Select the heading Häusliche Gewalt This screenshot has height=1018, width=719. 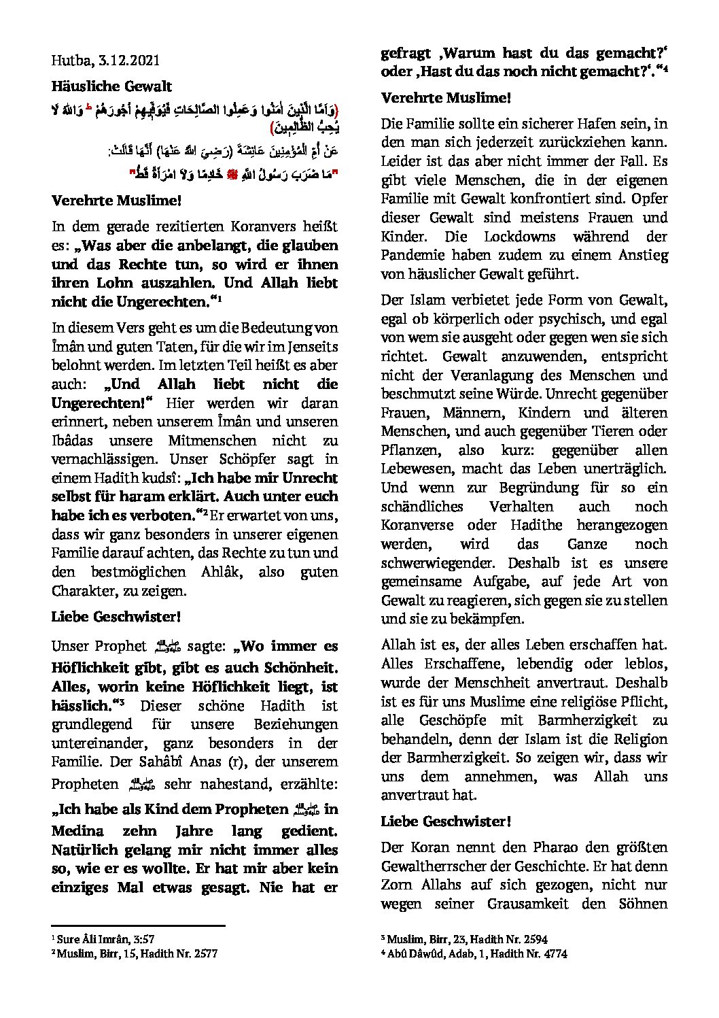111,86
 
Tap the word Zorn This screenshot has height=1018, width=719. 396,885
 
